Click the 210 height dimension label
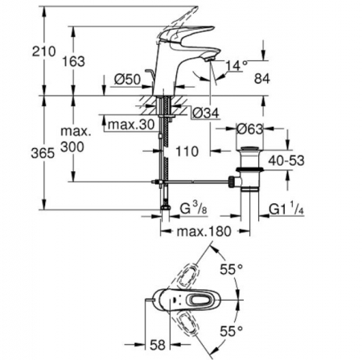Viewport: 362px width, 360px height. [44, 51]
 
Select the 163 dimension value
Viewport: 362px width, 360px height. [74, 61]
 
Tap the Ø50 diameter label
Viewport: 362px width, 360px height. [127, 80]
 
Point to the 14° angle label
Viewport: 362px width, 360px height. [237, 66]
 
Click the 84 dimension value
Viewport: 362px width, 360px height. [262, 79]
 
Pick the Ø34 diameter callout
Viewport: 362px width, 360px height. [206, 113]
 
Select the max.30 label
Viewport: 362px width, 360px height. [131, 125]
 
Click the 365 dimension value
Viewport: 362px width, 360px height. [43, 153]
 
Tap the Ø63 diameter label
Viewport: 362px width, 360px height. [249, 129]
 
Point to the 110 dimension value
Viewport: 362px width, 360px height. [187, 151]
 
